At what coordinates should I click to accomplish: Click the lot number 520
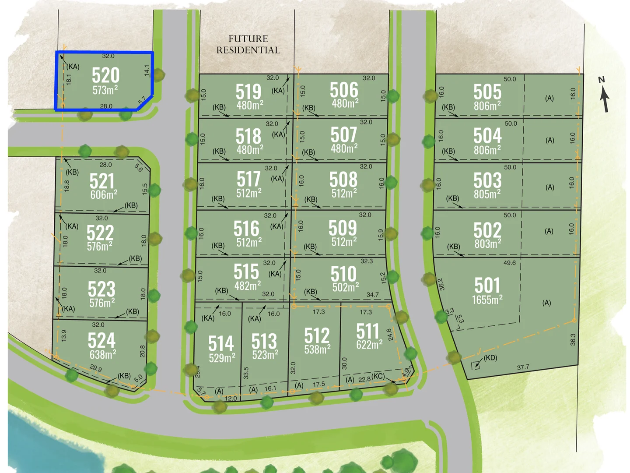click(105, 75)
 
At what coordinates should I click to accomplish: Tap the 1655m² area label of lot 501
click(487, 300)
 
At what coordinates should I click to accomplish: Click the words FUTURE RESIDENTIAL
click(248, 44)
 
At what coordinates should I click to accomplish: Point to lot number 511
click(367, 331)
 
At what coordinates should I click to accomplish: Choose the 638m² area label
click(103, 354)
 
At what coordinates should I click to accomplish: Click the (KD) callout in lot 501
click(490, 358)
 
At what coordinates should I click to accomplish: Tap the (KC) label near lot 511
click(378, 377)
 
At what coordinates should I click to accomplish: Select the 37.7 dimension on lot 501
click(523, 367)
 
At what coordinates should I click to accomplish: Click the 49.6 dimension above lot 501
click(509, 263)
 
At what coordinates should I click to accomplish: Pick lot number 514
click(221, 343)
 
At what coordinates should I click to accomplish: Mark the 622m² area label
click(369, 345)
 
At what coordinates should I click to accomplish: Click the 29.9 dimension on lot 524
click(96, 368)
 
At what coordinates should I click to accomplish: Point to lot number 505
click(487, 92)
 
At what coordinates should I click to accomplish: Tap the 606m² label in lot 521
click(104, 195)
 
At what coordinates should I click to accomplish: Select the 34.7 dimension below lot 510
click(372, 295)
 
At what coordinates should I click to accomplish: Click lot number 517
click(248, 179)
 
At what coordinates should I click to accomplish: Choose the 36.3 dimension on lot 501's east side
click(573, 339)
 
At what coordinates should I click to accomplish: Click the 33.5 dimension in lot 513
click(246, 373)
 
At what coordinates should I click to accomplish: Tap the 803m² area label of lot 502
click(487, 244)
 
